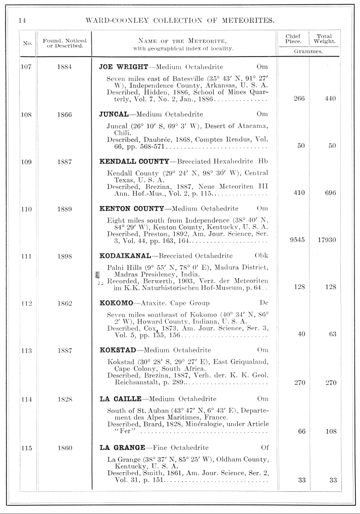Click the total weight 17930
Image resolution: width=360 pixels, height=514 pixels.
[326, 240]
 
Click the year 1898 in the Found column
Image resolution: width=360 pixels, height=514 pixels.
[64, 256]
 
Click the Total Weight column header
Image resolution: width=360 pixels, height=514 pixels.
[324, 39]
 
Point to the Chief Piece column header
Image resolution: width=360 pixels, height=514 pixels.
[293, 39]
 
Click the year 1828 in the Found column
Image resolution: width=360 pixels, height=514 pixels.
[64, 399]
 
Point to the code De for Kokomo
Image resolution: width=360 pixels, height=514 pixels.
[263, 302]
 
